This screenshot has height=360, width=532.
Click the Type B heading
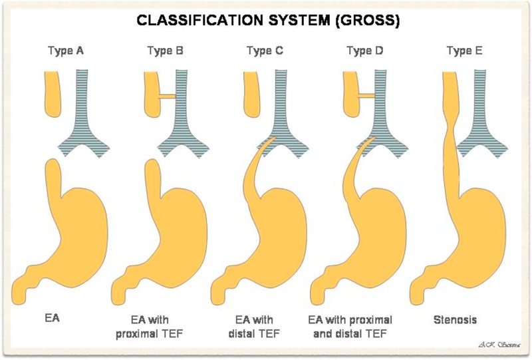tap(165, 51)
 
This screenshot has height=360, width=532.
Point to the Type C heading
tap(264, 51)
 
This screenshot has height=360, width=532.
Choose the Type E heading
tap(464, 51)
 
